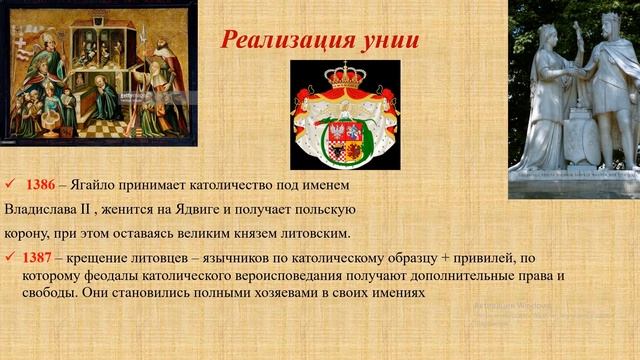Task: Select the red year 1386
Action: tap(41, 186)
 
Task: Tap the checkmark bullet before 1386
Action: tap(10, 186)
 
